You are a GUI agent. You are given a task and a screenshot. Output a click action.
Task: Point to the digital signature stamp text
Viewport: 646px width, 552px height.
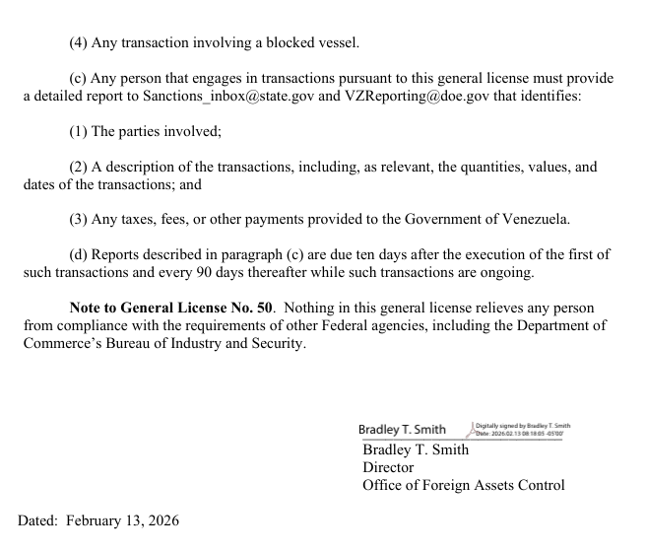pyautogui.click(x=522, y=429)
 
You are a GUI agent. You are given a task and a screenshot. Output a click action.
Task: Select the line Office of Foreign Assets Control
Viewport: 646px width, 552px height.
pyautogui.click(x=463, y=485)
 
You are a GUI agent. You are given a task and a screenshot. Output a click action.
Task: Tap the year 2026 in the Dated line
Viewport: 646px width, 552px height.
pyautogui.click(x=161, y=519)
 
